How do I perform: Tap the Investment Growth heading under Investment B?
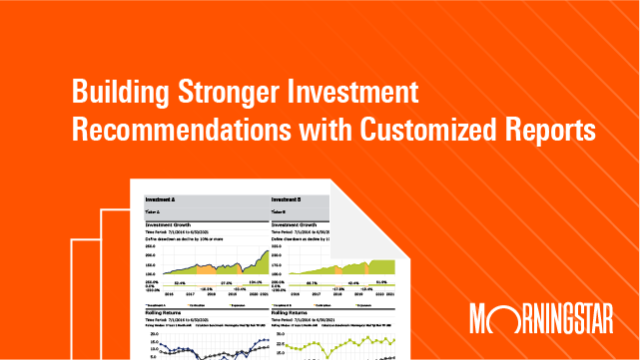coord(299,225)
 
